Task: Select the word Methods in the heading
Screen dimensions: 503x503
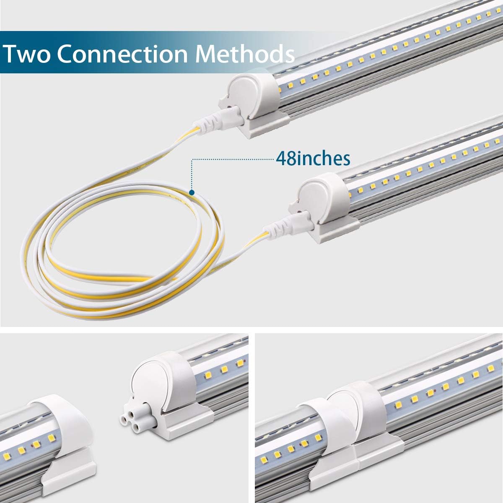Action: pyautogui.click(x=245, y=53)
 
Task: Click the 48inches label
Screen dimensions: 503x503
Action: pyautogui.click(x=313, y=158)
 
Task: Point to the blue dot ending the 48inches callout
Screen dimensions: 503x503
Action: pyautogui.click(x=192, y=193)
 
